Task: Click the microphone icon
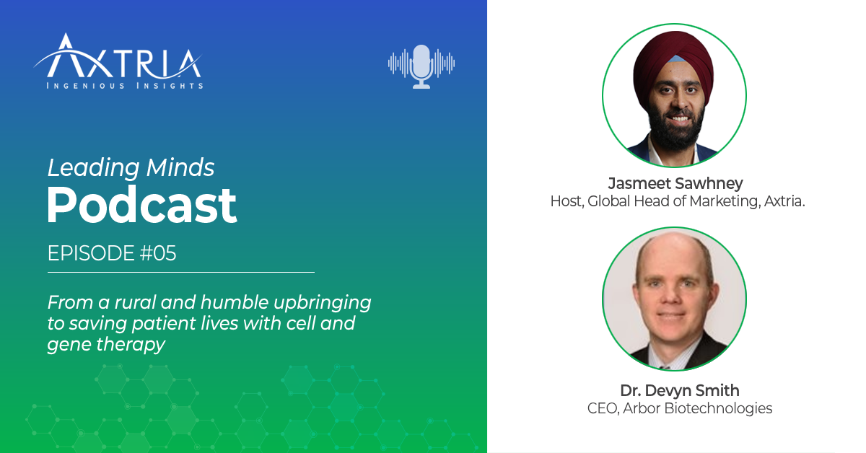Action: point(421,66)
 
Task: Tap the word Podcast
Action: point(142,206)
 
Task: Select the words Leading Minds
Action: point(131,168)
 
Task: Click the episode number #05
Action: point(158,253)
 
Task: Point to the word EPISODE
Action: point(91,253)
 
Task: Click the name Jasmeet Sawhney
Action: point(675,184)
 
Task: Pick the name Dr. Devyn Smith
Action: point(680,391)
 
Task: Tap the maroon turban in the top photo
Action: point(673,58)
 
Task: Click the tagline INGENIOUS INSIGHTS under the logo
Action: point(124,86)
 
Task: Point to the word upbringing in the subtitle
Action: point(323,303)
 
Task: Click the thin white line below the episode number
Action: point(181,272)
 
